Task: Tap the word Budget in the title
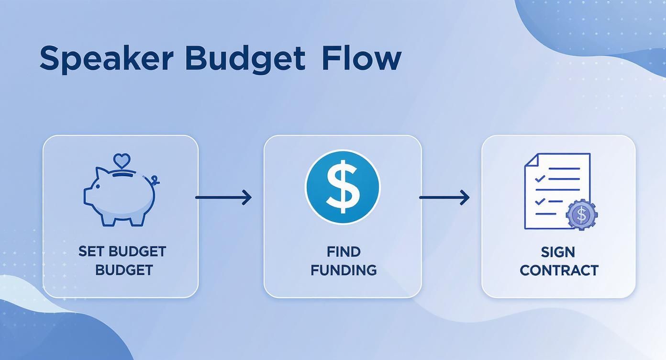click(244, 59)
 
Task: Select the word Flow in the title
click(361, 59)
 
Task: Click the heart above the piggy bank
click(122, 160)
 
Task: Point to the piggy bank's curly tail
click(154, 180)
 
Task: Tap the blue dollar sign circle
click(343, 187)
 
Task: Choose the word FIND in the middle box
click(344, 252)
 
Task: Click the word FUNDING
click(344, 270)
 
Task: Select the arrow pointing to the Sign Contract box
click(444, 197)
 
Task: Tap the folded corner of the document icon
click(531, 160)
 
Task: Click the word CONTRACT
click(559, 270)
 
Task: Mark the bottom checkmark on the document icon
click(540, 202)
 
